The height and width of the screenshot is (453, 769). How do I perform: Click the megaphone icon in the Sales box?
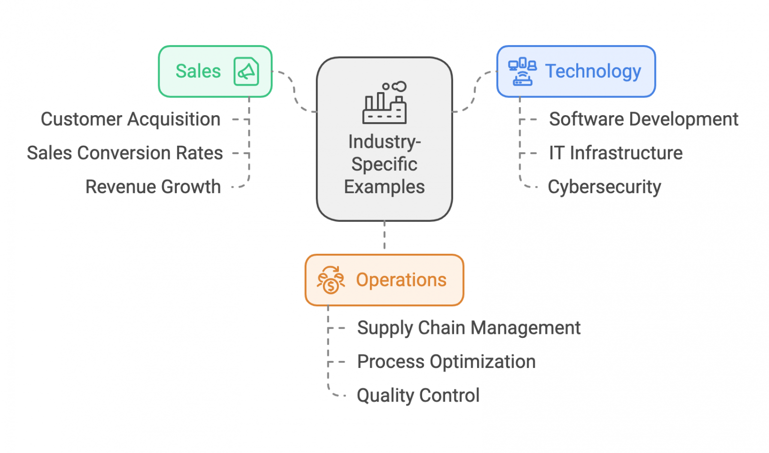(246, 72)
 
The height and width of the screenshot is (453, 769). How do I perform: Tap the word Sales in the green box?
(198, 71)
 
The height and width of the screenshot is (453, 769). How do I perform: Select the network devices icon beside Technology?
(522, 72)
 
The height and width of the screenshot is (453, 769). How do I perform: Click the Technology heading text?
(593, 71)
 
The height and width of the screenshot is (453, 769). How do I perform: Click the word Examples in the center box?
(384, 187)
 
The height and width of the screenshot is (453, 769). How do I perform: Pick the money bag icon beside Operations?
(331, 280)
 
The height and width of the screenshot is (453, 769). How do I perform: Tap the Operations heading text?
(401, 280)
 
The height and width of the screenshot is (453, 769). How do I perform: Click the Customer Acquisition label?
(131, 119)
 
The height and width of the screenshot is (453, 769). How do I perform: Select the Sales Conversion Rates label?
(125, 153)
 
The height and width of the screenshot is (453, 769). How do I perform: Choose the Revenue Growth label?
(153, 187)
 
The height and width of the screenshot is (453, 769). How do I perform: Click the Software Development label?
(643, 119)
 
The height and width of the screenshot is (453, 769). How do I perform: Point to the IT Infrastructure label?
(615, 153)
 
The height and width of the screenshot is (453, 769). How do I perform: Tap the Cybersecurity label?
(604, 187)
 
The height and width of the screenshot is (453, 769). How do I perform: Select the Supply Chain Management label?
(469, 328)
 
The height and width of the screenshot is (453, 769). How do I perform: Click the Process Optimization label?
(446, 361)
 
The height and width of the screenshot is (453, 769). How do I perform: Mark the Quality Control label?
(418, 395)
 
